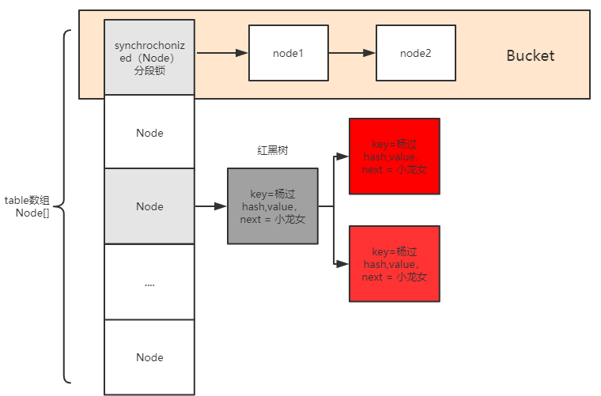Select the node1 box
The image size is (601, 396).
coord(288,53)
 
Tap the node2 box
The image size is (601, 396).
coord(415,53)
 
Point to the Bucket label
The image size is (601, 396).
coord(530,56)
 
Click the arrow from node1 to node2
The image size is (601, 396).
coord(352,53)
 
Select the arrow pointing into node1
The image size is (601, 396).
coord(222,53)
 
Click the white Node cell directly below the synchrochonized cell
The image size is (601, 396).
coord(149,132)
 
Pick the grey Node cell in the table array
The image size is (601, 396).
coord(149,206)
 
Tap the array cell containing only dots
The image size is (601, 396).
coord(149,281)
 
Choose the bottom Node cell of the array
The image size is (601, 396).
coord(149,356)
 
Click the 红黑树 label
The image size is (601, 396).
coord(272,150)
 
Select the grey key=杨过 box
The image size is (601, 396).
coord(272,206)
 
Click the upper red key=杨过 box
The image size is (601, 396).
coord(394,157)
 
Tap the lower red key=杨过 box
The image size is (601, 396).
coord(394,263)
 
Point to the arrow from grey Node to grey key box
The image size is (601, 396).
coord(210,206)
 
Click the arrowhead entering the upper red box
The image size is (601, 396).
coord(343,157)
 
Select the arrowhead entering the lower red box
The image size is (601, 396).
coord(343,263)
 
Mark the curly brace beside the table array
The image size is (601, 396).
coord(65,206)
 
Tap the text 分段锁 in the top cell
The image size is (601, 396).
coord(149,70)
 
